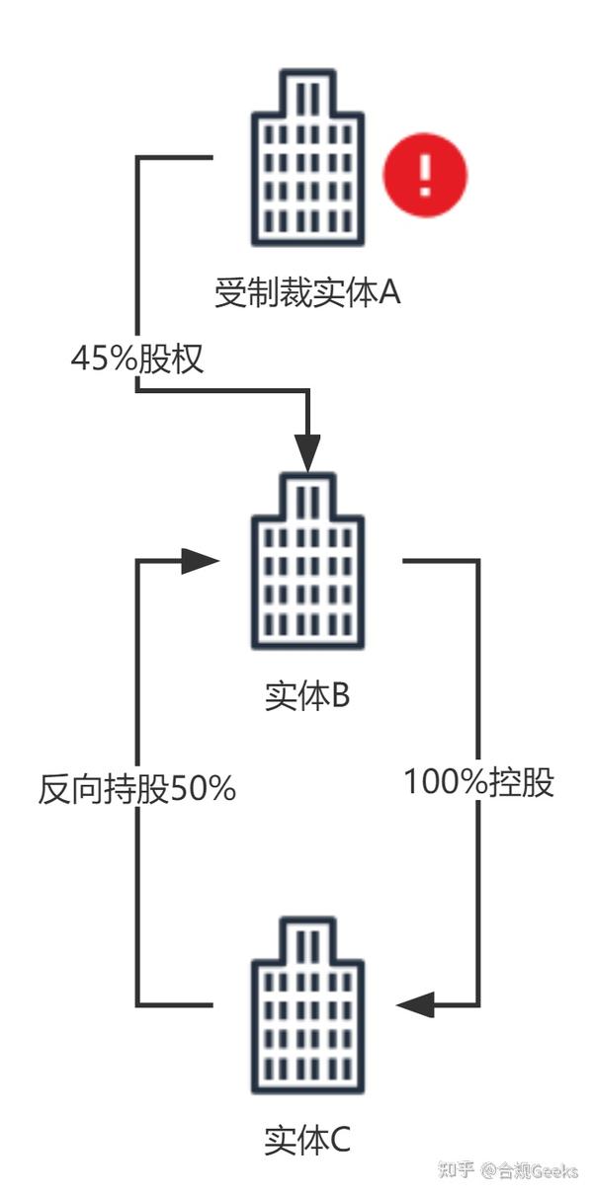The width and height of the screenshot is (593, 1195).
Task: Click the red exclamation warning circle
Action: tap(425, 175)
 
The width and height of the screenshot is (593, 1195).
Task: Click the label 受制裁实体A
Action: tap(307, 292)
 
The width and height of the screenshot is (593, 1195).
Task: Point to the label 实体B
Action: tap(307, 696)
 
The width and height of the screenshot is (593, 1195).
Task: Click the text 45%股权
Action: tap(137, 358)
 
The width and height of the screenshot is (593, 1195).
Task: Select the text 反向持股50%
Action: tap(137, 789)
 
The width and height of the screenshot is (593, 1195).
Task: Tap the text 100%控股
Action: tap(479, 782)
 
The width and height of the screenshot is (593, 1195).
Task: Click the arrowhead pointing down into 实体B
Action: tap(307, 454)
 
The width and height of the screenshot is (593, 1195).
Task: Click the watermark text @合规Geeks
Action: tap(530, 1171)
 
